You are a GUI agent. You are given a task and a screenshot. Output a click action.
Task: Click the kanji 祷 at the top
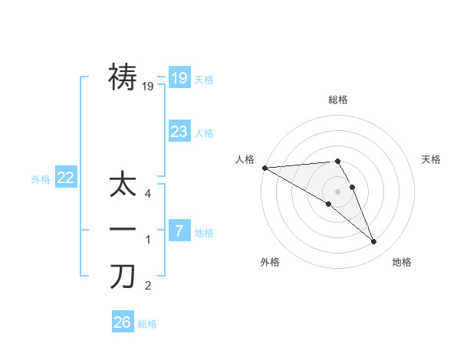tap(123, 77)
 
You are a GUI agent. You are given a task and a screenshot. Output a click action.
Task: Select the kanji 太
tap(123, 187)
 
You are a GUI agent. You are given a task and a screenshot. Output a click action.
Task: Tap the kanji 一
tap(123, 230)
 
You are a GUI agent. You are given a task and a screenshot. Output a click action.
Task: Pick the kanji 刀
tap(123, 277)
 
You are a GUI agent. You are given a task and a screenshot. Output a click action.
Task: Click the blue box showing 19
tap(179, 77)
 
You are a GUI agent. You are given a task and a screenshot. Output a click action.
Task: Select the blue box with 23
tap(179, 131)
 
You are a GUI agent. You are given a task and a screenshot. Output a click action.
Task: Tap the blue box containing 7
tap(179, 230)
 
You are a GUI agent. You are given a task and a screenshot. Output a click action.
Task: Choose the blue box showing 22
tap(66, 178)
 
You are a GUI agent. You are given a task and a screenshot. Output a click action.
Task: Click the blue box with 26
tap(123, 322)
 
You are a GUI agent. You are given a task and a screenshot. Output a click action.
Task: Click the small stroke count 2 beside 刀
tap(148, 286)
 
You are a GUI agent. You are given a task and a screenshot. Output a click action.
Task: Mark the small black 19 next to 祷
tap(148, 87)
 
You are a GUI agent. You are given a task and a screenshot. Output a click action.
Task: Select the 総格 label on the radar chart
tap(338, 100)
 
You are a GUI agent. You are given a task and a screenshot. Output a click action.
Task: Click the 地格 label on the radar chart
tap(402, 262)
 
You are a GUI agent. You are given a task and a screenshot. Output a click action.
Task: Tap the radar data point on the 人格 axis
tap(264, 167)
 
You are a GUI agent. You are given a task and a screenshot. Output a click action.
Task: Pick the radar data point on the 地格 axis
tap(373, 241)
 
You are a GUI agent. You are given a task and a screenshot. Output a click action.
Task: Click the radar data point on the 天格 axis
tap(353, 187)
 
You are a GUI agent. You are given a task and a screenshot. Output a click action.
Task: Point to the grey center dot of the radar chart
tap(338, 191)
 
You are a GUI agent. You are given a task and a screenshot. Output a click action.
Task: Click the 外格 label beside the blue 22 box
tap(41, 179)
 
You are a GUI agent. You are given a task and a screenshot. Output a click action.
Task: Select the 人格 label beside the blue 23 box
tap(204, 133)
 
